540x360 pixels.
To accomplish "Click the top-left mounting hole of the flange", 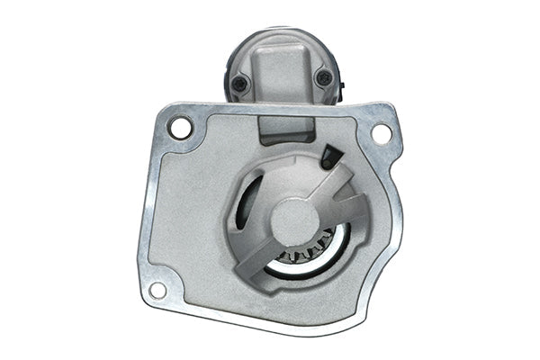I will [181, 127].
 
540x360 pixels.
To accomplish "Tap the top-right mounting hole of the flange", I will [381, 133].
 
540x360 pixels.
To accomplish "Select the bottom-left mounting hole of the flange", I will [157, 290].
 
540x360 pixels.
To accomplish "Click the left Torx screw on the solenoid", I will [239, 84].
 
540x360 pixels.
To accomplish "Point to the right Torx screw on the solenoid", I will [324, 79].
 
